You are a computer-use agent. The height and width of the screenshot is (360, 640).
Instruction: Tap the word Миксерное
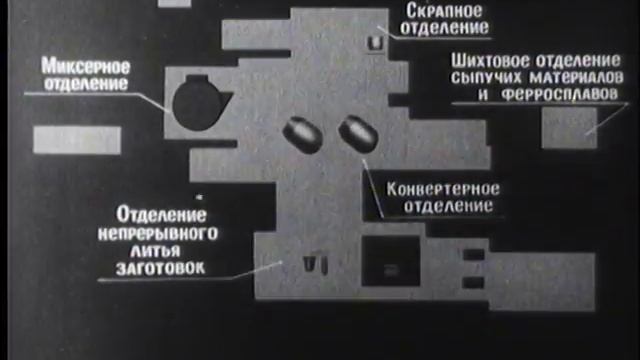pos(87,65)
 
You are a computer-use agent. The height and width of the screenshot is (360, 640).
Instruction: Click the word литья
pos(132,251)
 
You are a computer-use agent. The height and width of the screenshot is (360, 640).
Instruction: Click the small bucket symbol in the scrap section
pos(377,43)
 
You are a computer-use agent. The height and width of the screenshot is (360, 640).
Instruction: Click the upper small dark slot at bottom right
pos(472,266)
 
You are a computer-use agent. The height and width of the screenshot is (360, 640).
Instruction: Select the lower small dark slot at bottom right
pos(472,288)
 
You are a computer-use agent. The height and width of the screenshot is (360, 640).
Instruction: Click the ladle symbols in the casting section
pos(317,263)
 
